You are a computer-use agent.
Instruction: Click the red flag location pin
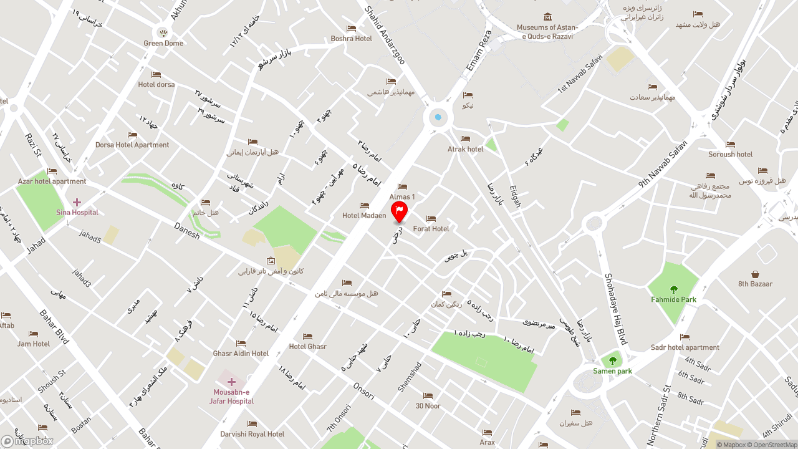399,211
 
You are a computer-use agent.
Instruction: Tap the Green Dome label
163,43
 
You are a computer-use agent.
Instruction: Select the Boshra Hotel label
351,39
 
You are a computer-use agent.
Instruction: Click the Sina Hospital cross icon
77,202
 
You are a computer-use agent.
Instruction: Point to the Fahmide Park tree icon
673,289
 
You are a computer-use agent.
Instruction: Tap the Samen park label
612,371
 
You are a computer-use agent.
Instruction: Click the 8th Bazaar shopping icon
755,274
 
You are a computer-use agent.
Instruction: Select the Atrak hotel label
465,149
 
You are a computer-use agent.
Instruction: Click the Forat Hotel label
431,229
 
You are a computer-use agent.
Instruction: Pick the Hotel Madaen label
364,216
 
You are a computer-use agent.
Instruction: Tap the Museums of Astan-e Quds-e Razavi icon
547,17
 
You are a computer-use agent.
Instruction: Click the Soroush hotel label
730,154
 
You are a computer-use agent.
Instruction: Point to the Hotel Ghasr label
307,347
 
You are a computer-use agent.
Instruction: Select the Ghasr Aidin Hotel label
241,354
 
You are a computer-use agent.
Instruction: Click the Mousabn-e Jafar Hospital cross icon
231,382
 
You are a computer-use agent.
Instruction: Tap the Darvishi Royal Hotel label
252,434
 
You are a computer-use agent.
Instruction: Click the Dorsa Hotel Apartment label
132,145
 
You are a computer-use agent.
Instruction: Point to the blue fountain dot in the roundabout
438,117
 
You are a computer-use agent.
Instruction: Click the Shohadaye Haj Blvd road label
615,309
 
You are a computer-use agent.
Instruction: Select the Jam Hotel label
34,344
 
